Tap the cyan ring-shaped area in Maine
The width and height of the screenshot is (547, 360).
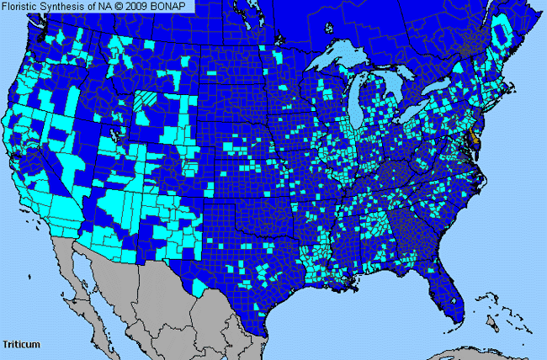[503, 34]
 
